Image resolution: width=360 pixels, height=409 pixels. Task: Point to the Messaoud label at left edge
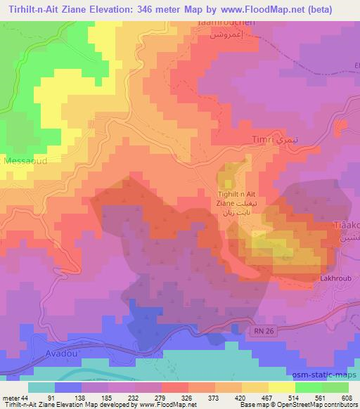click(23, 161)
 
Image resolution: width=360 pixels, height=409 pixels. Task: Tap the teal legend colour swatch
click(41, 387)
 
